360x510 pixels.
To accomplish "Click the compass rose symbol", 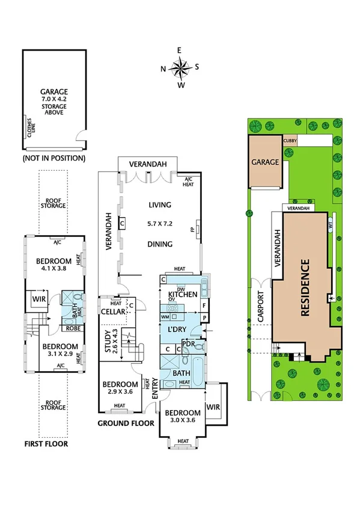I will [x=180, y=67].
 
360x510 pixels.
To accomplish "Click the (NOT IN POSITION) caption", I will [x=53, y=158].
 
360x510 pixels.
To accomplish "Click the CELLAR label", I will [x=113, y=312].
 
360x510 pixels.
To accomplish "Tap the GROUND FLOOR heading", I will [x=126, y=423].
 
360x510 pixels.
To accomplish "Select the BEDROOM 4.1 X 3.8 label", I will [x=53, y=265].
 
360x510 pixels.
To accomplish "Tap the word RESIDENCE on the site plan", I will [x=304, y=287].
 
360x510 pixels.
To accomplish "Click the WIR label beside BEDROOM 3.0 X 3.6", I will [x=213, y=407].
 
